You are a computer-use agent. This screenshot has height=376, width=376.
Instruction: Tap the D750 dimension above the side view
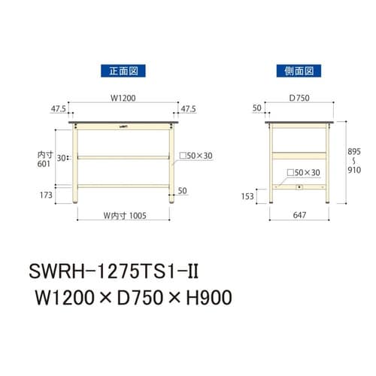pos(299,97)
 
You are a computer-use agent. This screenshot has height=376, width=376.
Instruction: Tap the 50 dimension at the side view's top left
pos(257,108)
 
